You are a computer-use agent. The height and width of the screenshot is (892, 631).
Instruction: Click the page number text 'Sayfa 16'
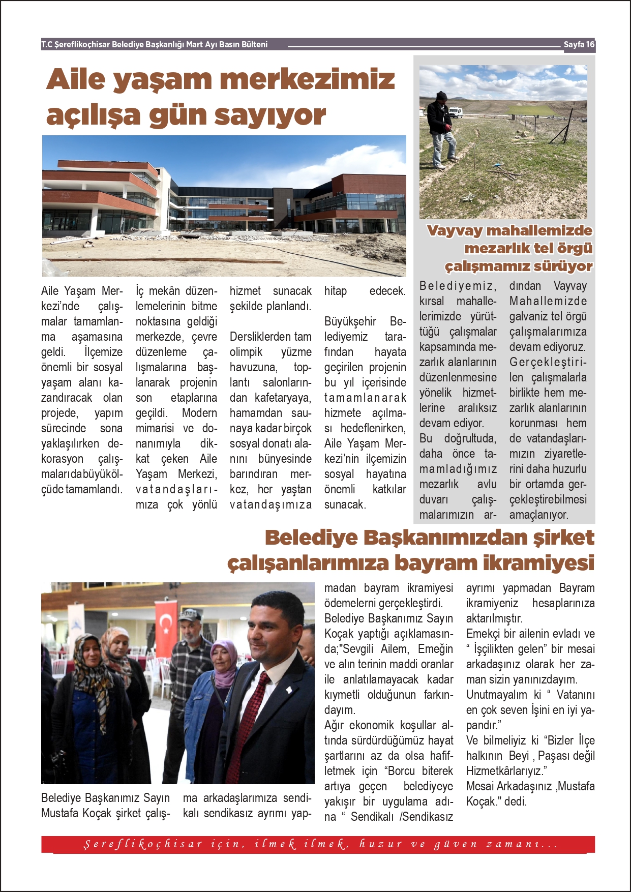(x=579, y=45)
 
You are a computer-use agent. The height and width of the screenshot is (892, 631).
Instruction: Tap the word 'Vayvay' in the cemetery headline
(x=455, y=231)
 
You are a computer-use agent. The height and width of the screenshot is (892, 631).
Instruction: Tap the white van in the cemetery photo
(x=455, y=112)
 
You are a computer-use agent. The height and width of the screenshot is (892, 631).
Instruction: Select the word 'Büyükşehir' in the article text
(x=350, y=322)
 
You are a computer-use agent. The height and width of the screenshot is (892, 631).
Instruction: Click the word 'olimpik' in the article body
(x=246, y=352)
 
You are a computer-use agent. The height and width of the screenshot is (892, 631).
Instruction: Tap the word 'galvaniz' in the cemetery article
(x=531, y=317)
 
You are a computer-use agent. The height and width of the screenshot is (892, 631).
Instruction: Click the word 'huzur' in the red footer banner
(x=380, y=845)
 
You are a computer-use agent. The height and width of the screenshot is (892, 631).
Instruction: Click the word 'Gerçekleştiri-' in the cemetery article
(x=548, y=363)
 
